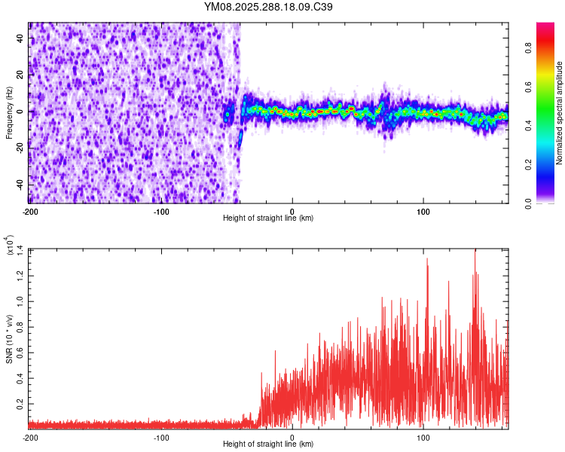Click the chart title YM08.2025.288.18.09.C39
(269, 7)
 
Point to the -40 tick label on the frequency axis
(18, 185)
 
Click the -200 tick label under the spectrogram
(30, 211)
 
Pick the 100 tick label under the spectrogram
(423, 211)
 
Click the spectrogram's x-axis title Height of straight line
(269, 218)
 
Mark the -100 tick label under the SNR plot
(161, 437)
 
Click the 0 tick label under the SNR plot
(292, 437)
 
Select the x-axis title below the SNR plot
(269, 444)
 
